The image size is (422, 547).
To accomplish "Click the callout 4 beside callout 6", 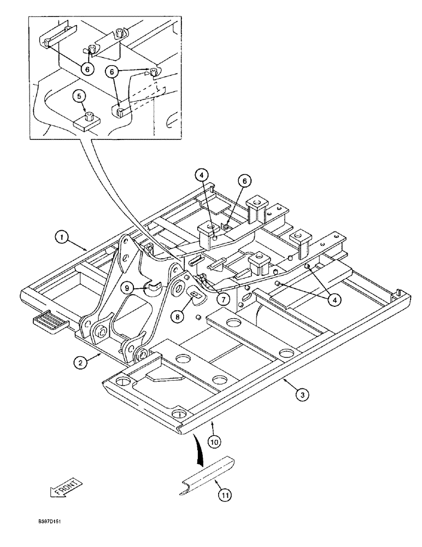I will click(x=202, y=176).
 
